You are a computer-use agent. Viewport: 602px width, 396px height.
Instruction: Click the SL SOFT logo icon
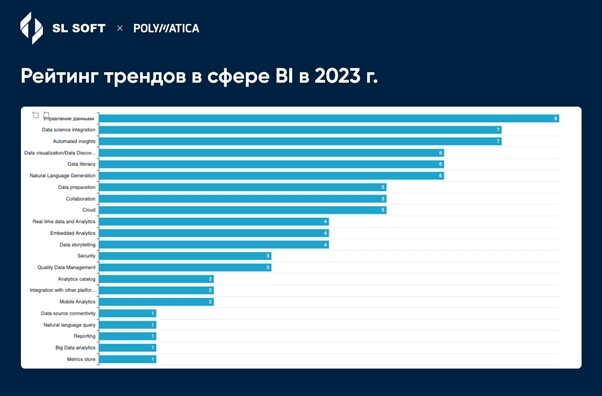click(31, 28)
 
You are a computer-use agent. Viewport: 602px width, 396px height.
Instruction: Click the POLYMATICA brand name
click(166, 28)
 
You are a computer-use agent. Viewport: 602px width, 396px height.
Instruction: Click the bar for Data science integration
click(299, 130)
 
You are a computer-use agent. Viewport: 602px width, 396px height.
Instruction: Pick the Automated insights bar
click(299, 141)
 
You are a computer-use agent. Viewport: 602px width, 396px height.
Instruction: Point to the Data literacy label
click(81, 164)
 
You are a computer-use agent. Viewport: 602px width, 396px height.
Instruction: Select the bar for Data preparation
click(241, 187)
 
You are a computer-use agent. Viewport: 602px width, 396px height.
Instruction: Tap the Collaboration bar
click(241, 198)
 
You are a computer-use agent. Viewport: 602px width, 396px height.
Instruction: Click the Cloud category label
click(88, 210)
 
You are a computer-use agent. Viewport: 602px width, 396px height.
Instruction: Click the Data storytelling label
click(77, 244)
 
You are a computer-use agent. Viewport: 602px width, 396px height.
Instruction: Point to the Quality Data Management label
click(66, 267)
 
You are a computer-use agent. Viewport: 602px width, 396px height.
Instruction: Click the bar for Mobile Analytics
click(155, 301)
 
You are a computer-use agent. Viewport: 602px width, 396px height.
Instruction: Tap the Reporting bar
click(126, 336)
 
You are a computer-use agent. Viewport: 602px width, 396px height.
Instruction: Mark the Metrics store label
click(81, 359)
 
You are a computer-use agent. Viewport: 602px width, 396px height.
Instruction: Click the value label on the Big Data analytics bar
click(153, 348)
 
